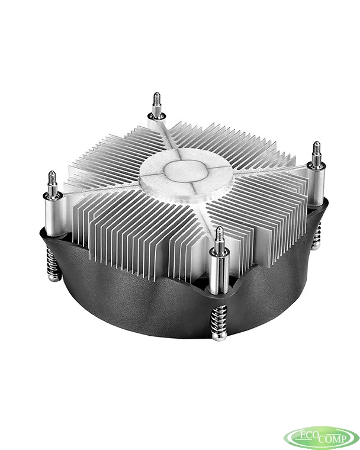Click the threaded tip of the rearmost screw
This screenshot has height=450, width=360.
point(156,103)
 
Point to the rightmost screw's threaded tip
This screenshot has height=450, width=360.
point(316,152)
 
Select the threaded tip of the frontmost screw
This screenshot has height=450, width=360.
point(219,237)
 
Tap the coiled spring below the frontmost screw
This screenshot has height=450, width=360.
point(219,322)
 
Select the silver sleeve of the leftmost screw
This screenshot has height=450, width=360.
point(53,217)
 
